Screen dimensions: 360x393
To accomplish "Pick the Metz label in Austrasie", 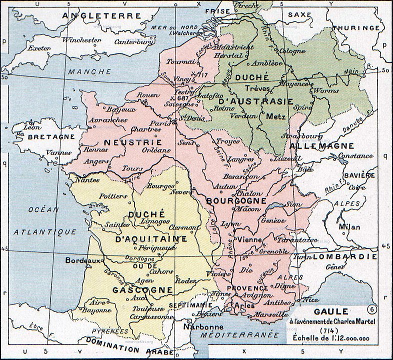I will [276, 117].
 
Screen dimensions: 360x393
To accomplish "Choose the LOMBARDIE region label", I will [345, 256].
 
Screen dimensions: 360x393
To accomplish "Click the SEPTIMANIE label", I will [188, 304].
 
